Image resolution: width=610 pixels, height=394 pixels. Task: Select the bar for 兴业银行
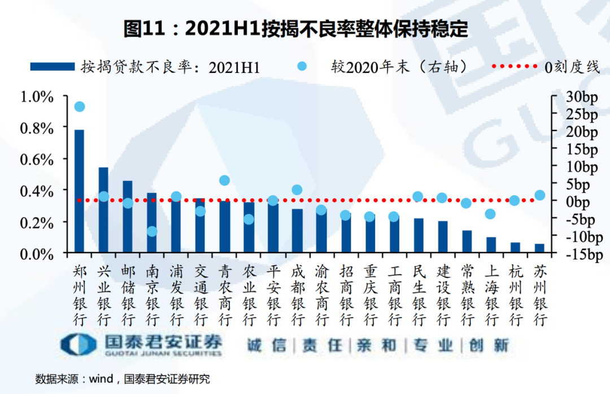pyautogui.click(x=103, y=209)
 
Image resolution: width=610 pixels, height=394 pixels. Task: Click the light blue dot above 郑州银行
pyautogui.click(x=80, y=107)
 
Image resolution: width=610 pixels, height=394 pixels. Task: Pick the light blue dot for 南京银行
pyautogui.click(x=152, y=231)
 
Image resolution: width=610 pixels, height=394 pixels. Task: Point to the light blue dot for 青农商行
pyautogui.click(x=224, y=180)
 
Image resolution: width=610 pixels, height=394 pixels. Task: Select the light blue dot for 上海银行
pyautogui.click(x=490, y=214)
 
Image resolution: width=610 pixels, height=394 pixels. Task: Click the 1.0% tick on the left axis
pyautogui.click(x=37, y=97)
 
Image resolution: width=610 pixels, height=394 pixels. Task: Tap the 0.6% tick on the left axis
pyautogui.click(x=37, y=159)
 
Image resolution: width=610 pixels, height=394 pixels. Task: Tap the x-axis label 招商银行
pyautogui.click(x=346, y=295)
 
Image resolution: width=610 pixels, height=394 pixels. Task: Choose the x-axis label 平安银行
pyautogui.click(x=273, y=295)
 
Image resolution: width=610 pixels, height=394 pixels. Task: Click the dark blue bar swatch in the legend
pyautogui.click(x=53, y=67)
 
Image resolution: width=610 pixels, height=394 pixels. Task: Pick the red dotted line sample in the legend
pyautogui.click(x=515, y=67)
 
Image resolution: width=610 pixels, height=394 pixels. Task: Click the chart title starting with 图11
pyautogui.click(x=296, y=29)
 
